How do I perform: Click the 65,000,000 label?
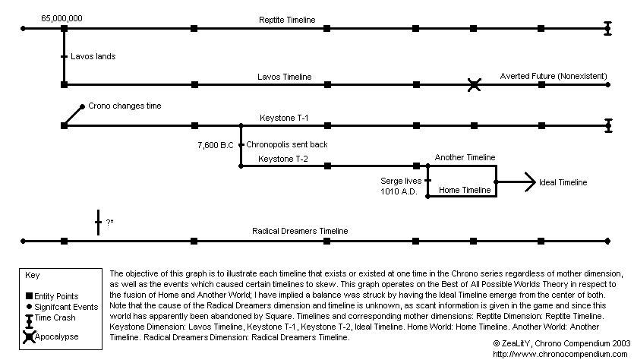[x=62, y=18]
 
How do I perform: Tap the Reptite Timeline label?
[x=287, y=20]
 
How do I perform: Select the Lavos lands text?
[x=93, y=56]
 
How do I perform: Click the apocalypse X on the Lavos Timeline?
[x=474, y=85]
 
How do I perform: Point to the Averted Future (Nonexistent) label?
[x=554, y=76]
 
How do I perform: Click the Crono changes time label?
[x=125, y=106]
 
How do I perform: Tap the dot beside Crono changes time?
[x=82, y=106]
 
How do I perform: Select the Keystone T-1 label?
[x=284, y=118]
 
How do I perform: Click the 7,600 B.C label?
[x=216, y=145]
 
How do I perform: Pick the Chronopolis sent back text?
[x=287, y=144]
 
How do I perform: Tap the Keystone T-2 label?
[x=283, y=159]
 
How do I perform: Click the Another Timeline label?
[x=465, y=157]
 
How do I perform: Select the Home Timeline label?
[x=465, y=190]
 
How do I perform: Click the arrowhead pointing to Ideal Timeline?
[x=530, y=182]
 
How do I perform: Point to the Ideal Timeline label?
[x=563, y=182]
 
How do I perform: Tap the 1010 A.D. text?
[x=399, y=191]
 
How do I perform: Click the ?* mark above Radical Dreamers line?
[x=109, y=222]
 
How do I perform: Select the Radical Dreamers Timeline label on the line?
[x=300, y=231]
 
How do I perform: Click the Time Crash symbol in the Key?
[x=29, y=321]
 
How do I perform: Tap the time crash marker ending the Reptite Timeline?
[x=607, y=28]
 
